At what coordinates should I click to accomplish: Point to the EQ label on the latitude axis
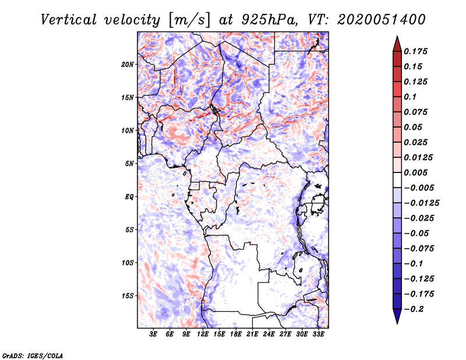129,196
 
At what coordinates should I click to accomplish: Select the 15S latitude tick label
128,295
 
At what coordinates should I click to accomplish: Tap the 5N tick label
130,163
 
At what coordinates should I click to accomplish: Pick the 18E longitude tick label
236,334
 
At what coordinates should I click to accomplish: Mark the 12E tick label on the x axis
203,334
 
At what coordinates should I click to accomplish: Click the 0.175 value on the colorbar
417,51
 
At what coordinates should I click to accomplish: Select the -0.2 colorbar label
415,309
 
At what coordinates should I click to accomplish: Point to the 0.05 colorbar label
414,127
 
